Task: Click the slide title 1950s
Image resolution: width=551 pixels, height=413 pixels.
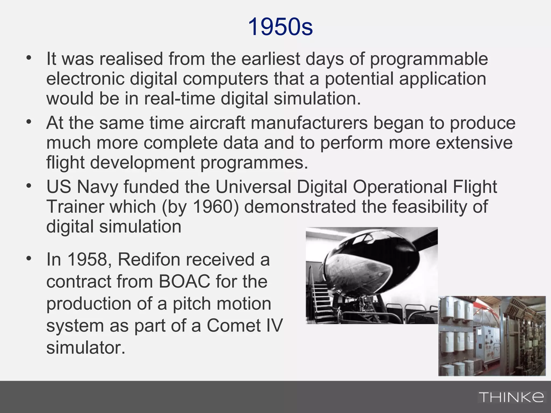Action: [280, 27]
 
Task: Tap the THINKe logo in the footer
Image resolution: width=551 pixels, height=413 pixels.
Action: [511, 397]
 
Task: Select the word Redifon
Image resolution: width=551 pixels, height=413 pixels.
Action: [149, 259]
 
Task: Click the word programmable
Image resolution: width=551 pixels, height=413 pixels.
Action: [429, 59]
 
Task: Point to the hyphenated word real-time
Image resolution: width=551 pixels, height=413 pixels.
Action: [180, 98]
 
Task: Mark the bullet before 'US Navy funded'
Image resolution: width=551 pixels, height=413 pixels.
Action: [29, 186]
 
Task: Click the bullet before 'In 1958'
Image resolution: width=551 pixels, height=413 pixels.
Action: [29, 258]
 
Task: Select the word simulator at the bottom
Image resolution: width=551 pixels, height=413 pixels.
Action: [86, 348]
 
